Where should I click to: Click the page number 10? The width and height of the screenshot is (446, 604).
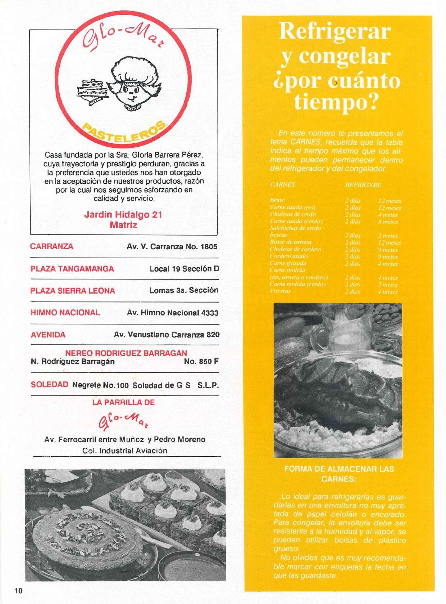[x=19, y=591]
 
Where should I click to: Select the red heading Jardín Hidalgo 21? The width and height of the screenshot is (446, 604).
[x=123, y=215]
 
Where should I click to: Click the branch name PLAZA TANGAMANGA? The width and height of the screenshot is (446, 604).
[x=72, y=269]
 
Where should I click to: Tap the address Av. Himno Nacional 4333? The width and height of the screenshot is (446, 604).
[x=173, y=313]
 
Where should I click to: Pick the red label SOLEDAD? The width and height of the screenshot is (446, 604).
[x=49, y=384]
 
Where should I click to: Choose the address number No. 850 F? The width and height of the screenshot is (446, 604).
[x=201, y=361]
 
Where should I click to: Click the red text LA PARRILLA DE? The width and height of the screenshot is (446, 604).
[x=123, y=402]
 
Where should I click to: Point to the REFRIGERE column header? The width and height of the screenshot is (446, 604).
[x=363, y=185]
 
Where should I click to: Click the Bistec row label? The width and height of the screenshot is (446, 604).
[x=277, y=200]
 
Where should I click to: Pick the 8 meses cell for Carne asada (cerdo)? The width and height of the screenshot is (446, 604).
[x=388, y=222]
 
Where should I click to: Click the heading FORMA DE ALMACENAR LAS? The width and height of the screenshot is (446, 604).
[x=339, y=469]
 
